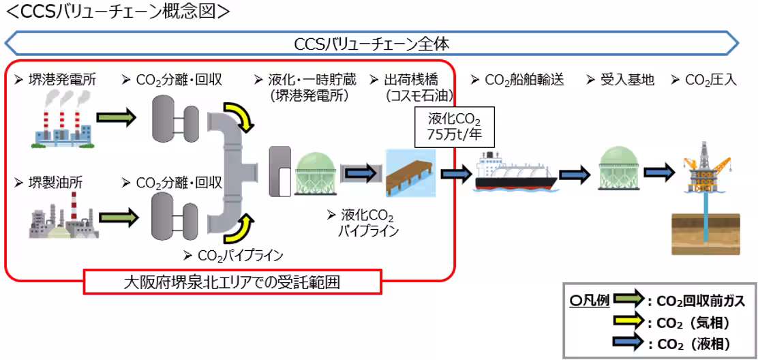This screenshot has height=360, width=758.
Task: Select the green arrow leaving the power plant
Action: (117, 119)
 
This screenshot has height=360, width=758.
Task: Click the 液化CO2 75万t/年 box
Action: (455, 127)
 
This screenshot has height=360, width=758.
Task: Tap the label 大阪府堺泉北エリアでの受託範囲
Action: (232, 282)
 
